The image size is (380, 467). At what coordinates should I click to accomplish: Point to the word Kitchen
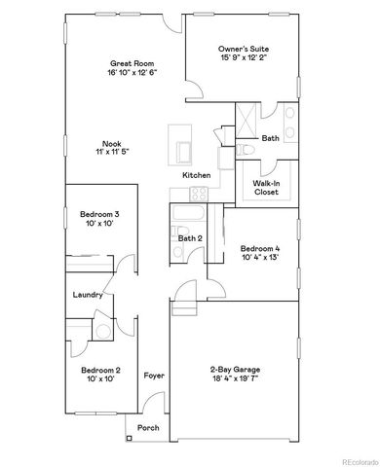coord(197,174)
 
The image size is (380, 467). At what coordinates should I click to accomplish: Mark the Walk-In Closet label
coord(266,188)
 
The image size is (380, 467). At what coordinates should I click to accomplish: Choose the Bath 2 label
coord(190,237)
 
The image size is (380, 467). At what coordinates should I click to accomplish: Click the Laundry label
coord(88,294)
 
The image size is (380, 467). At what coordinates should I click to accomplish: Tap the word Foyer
coord(154,375)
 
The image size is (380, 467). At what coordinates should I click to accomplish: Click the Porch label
coord(148,427)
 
